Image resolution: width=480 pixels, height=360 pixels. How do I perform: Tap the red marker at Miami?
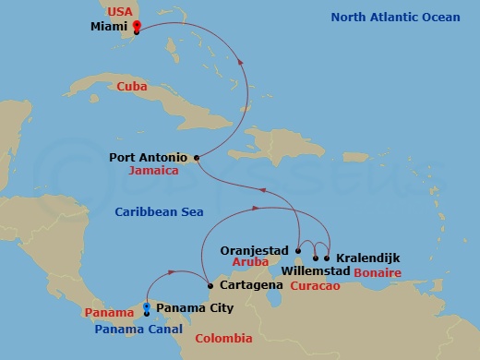coord(137,25)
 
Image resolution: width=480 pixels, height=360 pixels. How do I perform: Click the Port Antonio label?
coord(149,158)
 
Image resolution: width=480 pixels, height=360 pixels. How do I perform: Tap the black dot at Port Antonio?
coord(198,158)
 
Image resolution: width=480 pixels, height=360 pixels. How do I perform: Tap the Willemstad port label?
coord(315,272)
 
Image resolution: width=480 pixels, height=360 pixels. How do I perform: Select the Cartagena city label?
coord(250,286)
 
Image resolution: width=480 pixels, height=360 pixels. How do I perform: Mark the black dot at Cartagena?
coord(210,285)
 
